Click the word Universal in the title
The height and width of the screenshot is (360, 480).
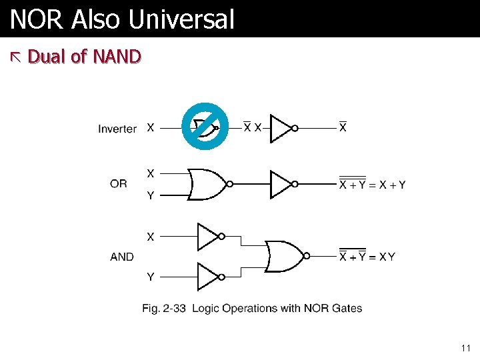(182, 19)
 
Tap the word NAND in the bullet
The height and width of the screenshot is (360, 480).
(117, 57)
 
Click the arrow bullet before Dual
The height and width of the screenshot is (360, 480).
(17, 57)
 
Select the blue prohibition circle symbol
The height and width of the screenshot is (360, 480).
(205, 126)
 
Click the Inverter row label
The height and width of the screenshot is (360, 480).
(117, 129)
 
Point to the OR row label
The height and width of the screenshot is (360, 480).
(119, 184)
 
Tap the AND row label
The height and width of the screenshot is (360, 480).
(122, 257)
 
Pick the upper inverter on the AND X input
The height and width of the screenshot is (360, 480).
(208, 236)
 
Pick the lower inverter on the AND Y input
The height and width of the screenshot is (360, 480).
(208, 276)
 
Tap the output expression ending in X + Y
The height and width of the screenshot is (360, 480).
(372, 185)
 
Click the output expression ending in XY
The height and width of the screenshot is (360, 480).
(367, 257)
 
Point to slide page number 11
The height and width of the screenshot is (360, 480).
(465, 348)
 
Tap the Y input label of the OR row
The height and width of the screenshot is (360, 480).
(151, 196)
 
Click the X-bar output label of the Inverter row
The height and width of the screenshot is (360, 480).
(343, 127)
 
